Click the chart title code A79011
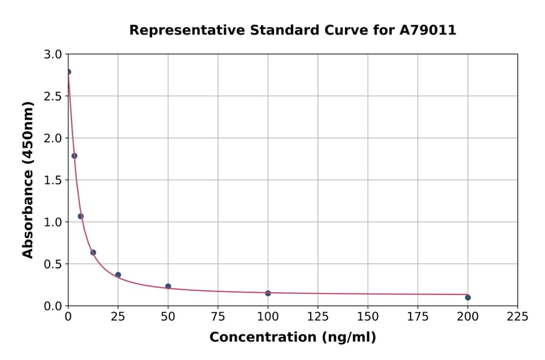428,30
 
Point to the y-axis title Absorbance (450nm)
28,179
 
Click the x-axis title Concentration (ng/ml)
292,338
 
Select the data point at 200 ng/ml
467,298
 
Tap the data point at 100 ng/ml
268,293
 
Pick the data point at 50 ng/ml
168,286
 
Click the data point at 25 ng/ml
118,275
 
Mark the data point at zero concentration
68,72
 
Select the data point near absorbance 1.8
74,156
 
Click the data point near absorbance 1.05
81,216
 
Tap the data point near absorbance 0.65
93,253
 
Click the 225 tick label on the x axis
517,316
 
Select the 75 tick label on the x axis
218,316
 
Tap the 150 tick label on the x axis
368,316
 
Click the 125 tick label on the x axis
317,316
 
